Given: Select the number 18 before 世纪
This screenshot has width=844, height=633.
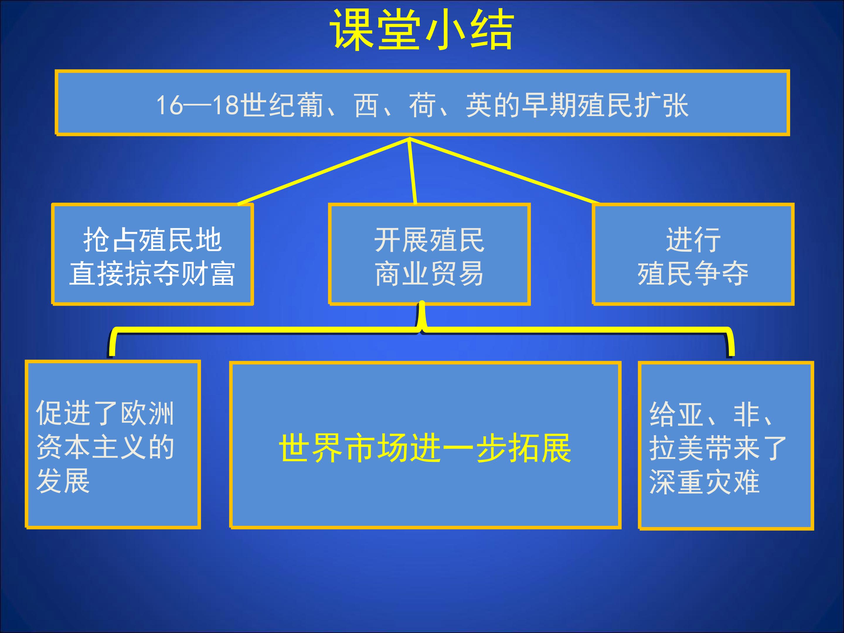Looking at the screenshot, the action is pos(226,105).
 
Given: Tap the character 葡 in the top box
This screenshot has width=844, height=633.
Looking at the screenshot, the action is pos(309,105).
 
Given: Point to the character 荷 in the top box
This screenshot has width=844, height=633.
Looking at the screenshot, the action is pos(422,105).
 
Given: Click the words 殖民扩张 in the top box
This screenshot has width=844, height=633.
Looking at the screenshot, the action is pos(633,105).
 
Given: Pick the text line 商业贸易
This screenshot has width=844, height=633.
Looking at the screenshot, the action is pos(429,274).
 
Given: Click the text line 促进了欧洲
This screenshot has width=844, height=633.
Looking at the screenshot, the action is pos(105,413).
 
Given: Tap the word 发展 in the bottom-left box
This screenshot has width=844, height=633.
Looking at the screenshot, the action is pos(63,481).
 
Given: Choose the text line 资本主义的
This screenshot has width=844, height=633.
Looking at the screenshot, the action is pos(105,447).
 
